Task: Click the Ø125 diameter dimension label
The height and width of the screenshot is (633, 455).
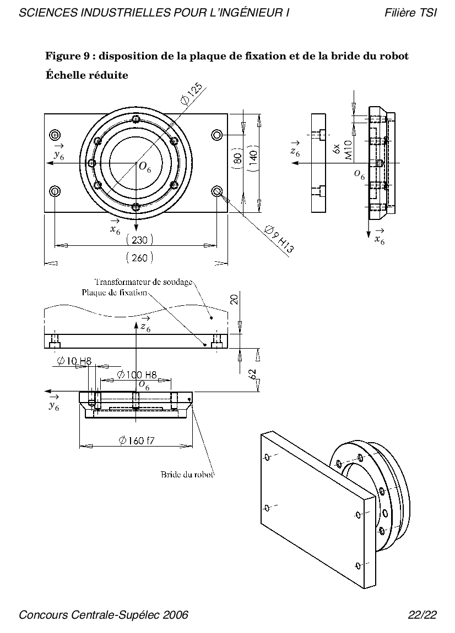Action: click(x=192, y=93)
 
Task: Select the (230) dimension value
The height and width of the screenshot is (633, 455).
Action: click(x=139, y=240)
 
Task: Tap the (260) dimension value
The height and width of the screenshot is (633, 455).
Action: click(x=139, y=257)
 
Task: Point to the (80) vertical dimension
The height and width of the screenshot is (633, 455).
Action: click(x=238, y=157)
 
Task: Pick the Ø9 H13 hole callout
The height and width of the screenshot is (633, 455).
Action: click(x=279, y=239)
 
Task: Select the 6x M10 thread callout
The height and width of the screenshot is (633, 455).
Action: click(x=343, y=150)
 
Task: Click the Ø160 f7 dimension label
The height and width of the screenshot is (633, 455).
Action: click(x=137, y=441)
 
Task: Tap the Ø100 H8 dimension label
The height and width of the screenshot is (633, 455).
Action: click(x=137, y=375)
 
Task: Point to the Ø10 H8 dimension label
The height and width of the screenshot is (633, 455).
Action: click(x=74, y=361)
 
